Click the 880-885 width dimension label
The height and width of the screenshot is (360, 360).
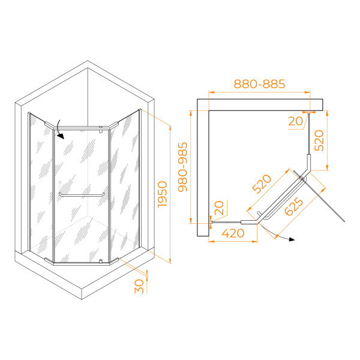click(259, 84)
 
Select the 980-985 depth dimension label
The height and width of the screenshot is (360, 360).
click(182, 166)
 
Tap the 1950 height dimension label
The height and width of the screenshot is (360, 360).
click(162, 193)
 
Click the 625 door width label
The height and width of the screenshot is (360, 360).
click(294, 207)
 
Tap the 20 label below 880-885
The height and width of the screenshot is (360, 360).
click(296, 121)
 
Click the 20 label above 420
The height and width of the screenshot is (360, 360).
click(220, 208)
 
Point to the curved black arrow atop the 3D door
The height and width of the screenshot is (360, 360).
click(59, 131)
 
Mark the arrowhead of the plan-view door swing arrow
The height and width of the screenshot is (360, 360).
click(292, 239)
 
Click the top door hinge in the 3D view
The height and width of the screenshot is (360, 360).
click(100, 128)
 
